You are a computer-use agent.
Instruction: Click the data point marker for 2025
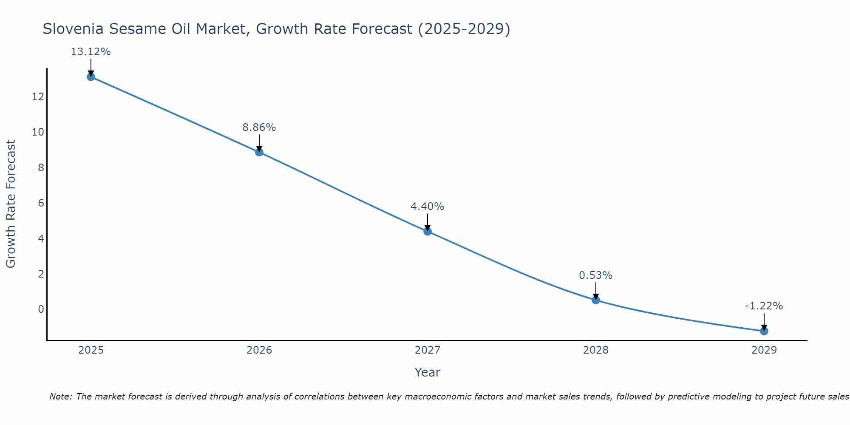coord(91,77)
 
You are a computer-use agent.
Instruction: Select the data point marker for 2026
coord(259,152)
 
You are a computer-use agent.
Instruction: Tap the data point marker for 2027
coord(428,231)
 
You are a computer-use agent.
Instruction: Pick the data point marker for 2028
coord(596,300)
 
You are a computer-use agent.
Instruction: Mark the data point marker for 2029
coord(764,331)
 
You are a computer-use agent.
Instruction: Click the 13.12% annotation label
coord(91,52)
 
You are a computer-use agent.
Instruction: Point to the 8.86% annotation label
coord(259,127)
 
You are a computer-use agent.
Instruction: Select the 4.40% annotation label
coord(428,207)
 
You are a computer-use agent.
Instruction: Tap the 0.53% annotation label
coord(596,275)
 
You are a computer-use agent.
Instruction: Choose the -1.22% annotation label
coord(764,306)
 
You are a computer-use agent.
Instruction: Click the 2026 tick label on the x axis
coord(259,350)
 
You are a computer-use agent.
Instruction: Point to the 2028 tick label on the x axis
coord(596,350)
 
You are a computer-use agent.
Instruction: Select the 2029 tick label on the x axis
coord(764,350)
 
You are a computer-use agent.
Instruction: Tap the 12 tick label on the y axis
coord(38,97)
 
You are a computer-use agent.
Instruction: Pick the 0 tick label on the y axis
coord(41,309)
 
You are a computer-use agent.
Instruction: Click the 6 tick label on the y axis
coord(41,203)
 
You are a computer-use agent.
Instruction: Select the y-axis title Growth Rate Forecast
coord(11,204)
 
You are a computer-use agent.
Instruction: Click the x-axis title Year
coord(428,372)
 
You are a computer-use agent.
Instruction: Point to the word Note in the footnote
coord(60,397)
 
